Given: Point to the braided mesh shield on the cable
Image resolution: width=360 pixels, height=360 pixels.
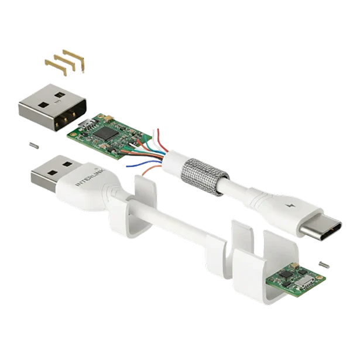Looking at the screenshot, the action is (204, 177).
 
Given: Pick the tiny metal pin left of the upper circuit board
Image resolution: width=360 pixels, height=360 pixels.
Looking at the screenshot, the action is (34, 146).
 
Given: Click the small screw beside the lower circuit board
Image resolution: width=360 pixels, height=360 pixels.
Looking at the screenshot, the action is (324, 264).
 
